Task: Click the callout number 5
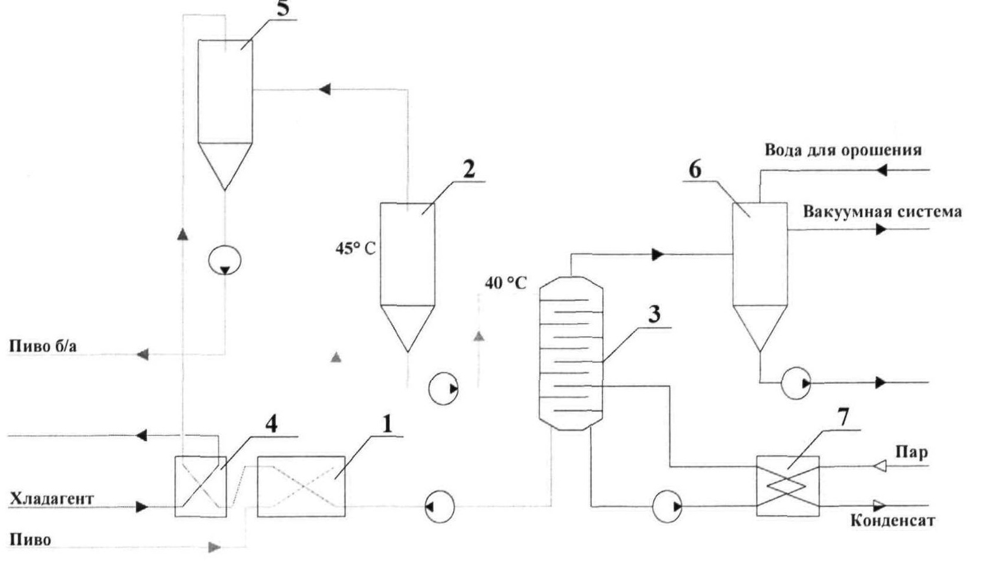tap(283, 9)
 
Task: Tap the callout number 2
tap(469, 169)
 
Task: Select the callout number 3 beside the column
tap(654, 314)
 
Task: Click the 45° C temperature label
tap(356, 249)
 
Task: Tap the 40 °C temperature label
tap(505, 283)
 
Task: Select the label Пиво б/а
tap(43, 346)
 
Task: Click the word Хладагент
tap(52, 499)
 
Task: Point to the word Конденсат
tap(892, 521)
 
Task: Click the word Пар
tap(911, 452)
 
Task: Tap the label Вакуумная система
tap(882, 212)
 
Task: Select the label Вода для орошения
tap(843, 150)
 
